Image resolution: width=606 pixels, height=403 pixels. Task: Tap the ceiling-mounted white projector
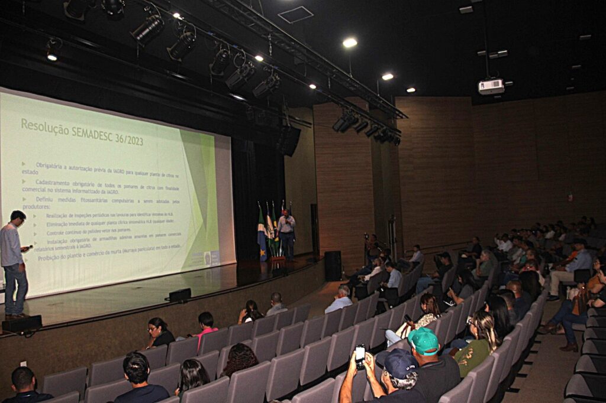coord(491,86)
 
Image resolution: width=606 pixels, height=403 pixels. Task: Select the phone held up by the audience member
coord(360,356)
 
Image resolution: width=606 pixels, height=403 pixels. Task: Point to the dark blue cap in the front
coord(398,362)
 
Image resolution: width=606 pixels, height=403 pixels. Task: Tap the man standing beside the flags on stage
coord(287,233)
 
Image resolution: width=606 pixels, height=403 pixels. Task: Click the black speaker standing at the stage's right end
coord(333,265)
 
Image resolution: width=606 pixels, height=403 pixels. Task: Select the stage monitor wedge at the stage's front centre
coord(180,294)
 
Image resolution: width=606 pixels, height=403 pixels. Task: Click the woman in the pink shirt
coord(206,327)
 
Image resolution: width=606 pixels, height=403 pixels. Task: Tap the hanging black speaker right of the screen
coord(289,141)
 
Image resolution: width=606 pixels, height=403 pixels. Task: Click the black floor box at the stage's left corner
coord(22,323)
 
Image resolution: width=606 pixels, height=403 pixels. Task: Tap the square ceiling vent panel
coord(295,14)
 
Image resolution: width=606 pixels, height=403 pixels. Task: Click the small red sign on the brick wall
coord(570,197)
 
